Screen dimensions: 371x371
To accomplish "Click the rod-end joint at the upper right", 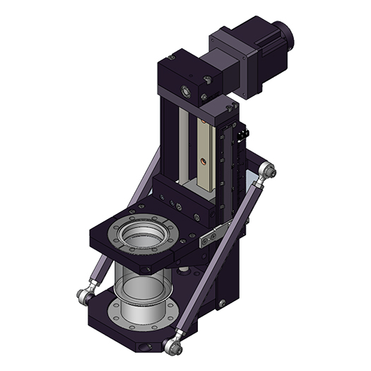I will (x=266, y=172).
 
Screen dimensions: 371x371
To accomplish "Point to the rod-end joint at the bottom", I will (x=172, y=346).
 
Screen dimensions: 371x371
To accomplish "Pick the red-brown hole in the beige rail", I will (x=204, y=161).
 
